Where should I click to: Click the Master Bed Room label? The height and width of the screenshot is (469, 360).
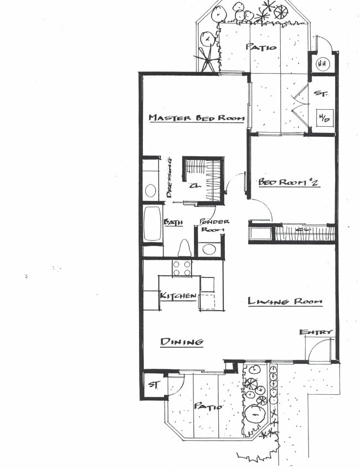point(196,118)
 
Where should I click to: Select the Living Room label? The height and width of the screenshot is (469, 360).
point(285,301)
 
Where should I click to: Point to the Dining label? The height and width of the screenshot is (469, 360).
point(182,342)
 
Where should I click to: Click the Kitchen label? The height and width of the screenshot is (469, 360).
point(178,296)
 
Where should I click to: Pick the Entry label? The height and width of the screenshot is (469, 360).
point(316,332)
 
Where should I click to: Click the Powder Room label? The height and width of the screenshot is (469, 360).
point(210,225)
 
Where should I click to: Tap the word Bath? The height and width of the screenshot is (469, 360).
point(173,222)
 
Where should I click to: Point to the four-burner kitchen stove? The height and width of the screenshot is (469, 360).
point(182,268)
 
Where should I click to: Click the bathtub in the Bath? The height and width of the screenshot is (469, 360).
point(153,224)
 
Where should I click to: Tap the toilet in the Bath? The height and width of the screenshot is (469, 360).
point(184,249)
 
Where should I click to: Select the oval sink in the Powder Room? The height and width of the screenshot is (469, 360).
point(209,249)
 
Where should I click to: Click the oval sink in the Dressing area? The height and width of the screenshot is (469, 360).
point(150,191)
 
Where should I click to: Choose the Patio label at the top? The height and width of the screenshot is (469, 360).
point(261,47)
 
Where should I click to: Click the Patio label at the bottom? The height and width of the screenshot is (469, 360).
point(208,406)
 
